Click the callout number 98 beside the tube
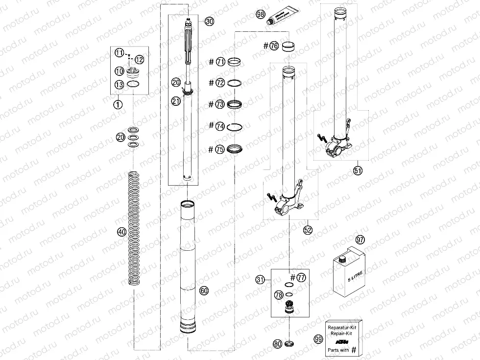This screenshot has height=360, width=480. pos(261,15)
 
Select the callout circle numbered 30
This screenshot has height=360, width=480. pos(209,22)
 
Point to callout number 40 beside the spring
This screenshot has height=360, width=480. pos(121,231)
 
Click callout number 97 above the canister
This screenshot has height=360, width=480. pos(361,240)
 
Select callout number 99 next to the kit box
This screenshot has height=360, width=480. pos(318,338)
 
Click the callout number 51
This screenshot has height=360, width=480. pos(358,170)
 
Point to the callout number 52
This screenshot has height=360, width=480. pos(307,229)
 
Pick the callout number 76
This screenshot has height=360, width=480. pos(274,46)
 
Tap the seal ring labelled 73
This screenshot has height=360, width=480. pos(235,104)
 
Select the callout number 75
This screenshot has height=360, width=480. pos(220,149)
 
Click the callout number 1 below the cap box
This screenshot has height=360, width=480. pos(118,104)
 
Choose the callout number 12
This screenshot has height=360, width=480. pos(139,60)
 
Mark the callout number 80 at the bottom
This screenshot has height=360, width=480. pos(278,344)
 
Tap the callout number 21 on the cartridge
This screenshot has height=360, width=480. pos(176,100)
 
